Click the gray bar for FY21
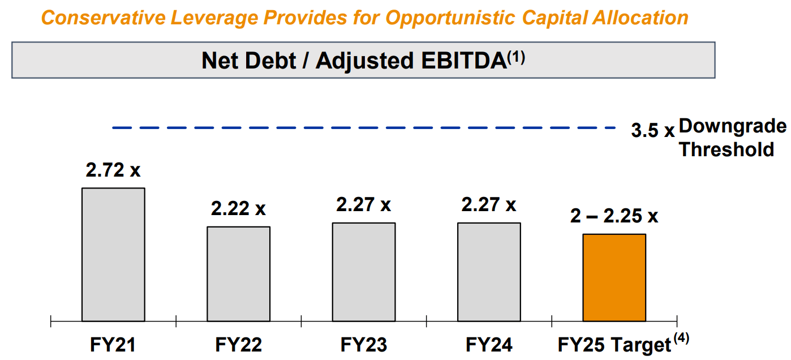click(113, 255)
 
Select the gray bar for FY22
click(238, 275)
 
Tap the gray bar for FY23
click(364, 272)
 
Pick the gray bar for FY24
click(489, 272)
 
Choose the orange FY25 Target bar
click(614, 278)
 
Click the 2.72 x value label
click(113, 170)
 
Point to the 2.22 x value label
click(238, 209)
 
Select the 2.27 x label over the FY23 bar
click(363, 205)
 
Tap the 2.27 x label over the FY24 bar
click(489, 205)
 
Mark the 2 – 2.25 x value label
click(614, 216)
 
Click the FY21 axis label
click(113, 345)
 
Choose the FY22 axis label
click(238, 345)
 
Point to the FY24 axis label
click(489, 345)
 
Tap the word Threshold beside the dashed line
click(726, 149)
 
